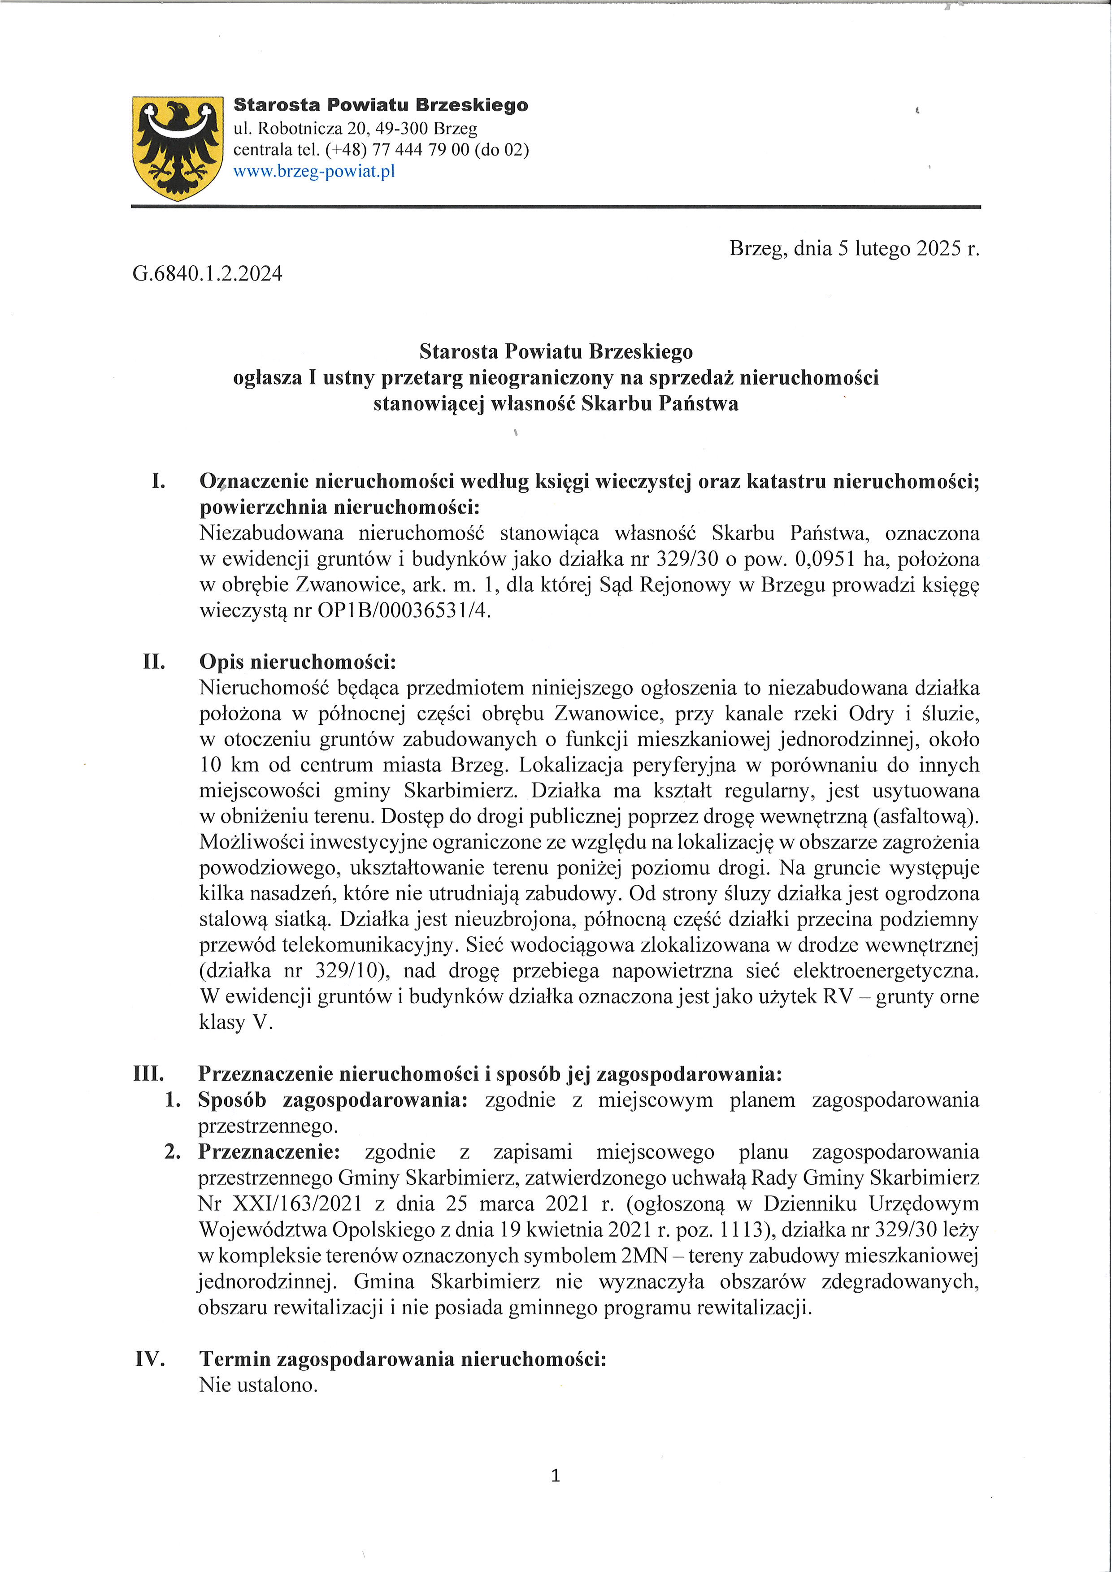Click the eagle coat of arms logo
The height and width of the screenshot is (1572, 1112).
[x=178, y=148]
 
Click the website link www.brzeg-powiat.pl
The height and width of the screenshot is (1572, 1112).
[x=314, y=171]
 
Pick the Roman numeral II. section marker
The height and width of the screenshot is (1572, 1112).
[x=154, y=662]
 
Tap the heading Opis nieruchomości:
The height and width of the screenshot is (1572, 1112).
[x=298, y=662]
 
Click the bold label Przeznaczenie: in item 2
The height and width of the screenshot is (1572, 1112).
[x=269, y=1152]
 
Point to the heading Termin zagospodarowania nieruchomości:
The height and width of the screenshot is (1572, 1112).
[x=403, y=1359]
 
